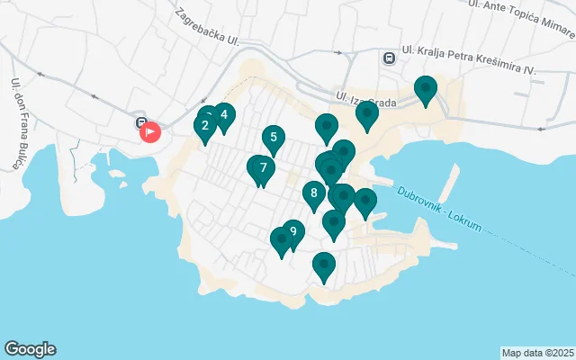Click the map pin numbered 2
coord(205,127)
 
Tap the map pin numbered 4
coord(224,116)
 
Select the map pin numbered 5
coord(273,139)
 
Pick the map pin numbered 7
coord(263,168)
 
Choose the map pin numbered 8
coord(313,193)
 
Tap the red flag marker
coord(149,131)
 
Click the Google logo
coord(30,349)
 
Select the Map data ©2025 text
coord(537,352)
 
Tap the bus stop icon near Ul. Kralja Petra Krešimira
coord(388,58)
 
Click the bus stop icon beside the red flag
coord(140,122)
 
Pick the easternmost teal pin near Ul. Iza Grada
coord(425,89)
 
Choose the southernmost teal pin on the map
coord(324,265)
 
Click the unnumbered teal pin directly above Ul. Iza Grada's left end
coord(327,127)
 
